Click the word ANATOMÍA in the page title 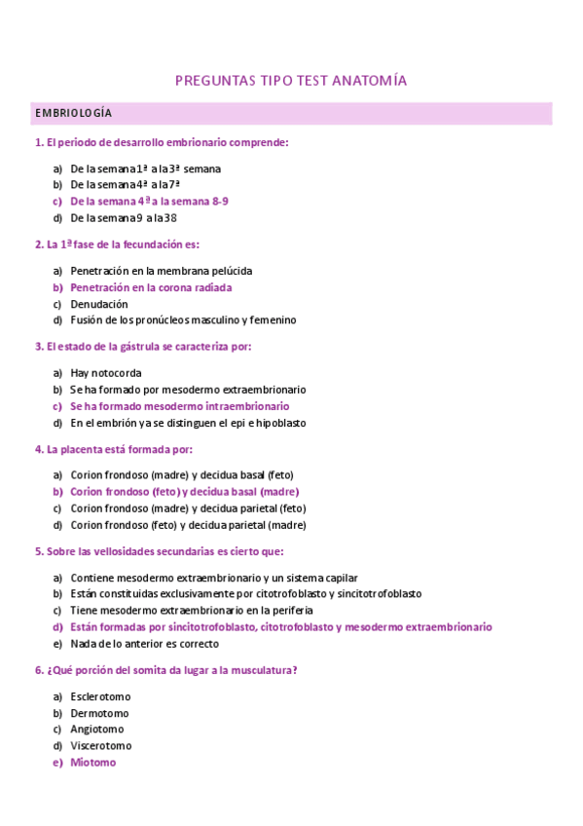(370, 81)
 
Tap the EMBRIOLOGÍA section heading (73, 114)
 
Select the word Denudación (99, 304)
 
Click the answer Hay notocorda (106, 372)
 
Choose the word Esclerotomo (100, 696)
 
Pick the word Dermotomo (99, 713)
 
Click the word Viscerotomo (99, 746)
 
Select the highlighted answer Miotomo (92, 763)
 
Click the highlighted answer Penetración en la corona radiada (151, 287)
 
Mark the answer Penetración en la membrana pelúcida (162, 271)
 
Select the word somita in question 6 (156, 670)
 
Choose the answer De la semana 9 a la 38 (124, 218)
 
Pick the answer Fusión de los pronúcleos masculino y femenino (183, 320)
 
